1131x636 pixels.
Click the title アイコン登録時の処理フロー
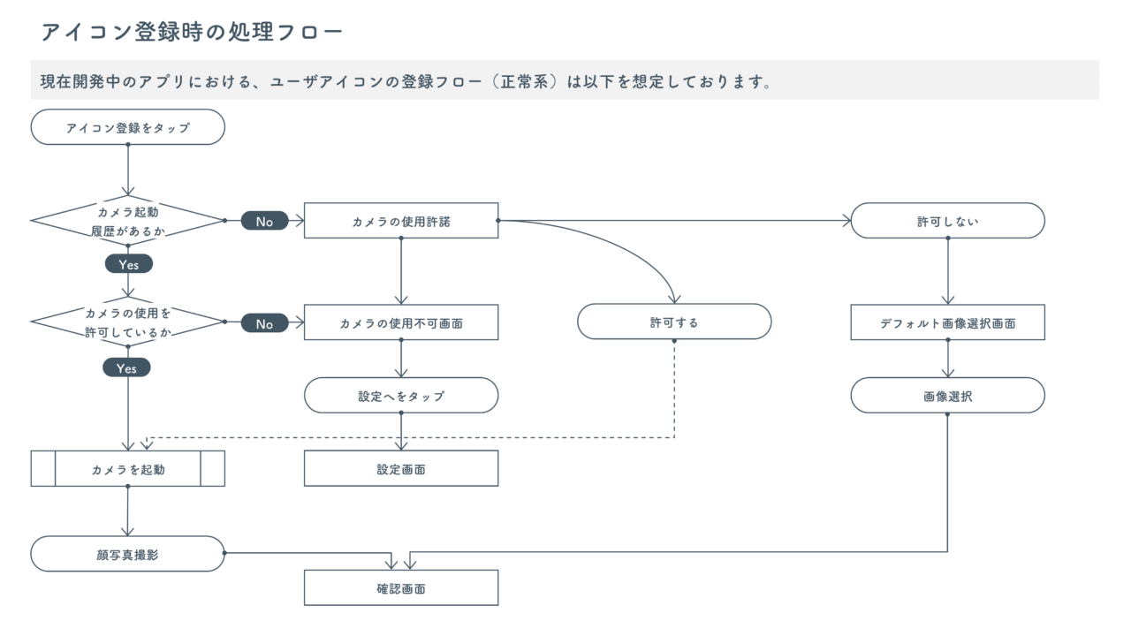click(x=192, y=33)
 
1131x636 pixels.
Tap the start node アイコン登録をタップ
click(x=128, y=127)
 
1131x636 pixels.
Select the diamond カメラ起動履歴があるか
click(x=128, y=221)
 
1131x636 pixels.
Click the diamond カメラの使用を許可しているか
click(x=128, y=323)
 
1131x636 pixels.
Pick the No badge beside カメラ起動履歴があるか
click(x=264, y=221)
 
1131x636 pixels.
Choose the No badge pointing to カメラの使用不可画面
click(x=264, y=323)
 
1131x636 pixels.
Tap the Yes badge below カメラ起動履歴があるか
click(x=128, y=264)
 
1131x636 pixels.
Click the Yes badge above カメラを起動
click(x=127, y=368)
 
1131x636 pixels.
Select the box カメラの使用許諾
click(x=401, y=221)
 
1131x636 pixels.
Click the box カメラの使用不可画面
click(x=401, y=323)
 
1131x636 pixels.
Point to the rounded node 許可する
click(x=674, y=322)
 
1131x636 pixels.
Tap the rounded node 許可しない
click(x=947, y=221)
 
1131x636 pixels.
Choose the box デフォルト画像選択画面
click(x=947, y=323)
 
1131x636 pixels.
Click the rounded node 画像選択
click(x=947, y=397)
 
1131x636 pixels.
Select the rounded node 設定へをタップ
click(x=401, y=397)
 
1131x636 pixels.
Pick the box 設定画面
click(x=401, y=469)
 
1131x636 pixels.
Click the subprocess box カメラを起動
click(x=128, y=469)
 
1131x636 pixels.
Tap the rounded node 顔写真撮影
click(x=128, y=554)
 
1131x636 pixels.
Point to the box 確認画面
click(x=401, y=587)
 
